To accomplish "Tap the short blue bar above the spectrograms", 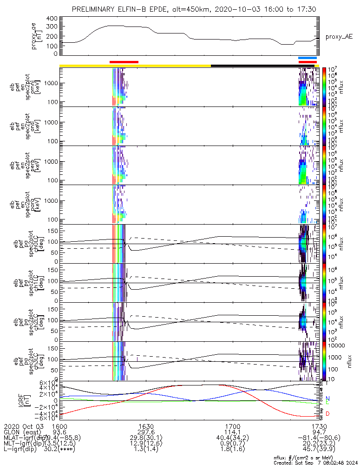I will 308,58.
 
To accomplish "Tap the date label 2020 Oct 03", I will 23,426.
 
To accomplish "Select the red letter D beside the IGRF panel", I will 328,414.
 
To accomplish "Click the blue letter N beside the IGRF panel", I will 328,399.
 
